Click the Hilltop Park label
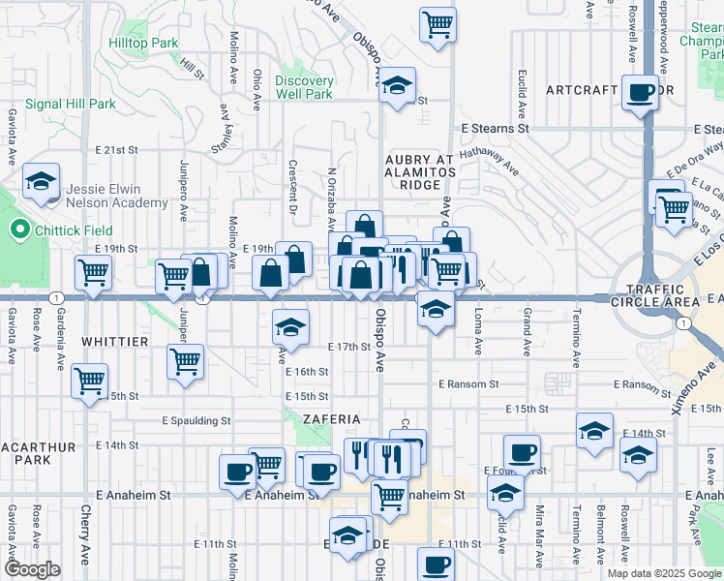click(x=143, y=44)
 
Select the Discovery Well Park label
click(x=304, y=87)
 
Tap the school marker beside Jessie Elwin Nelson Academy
click(x=42, y=182)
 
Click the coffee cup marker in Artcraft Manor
click(x=641, y=93)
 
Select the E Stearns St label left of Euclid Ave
click(x=495, y=128)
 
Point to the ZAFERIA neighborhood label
click(x=332, y=419)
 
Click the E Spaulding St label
click(x=197, y=421)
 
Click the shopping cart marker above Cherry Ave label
click(x=89, y=381)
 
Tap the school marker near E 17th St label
click(x=290, y=328)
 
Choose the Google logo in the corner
click(x=33, y=569)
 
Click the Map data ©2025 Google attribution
click(x=663, y=573)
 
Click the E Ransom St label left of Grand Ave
click(x=468, y=384)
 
